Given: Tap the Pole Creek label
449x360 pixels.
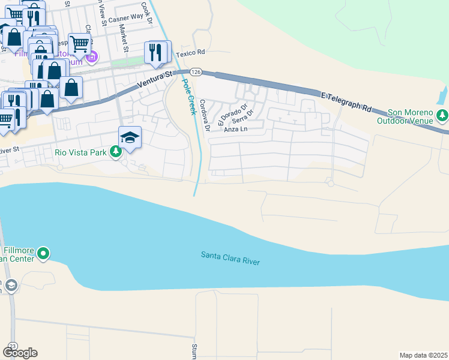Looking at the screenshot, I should click(187, 95).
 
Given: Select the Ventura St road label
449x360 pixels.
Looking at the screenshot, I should click(154, 78).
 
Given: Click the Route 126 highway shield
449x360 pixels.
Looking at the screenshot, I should click(196, 72).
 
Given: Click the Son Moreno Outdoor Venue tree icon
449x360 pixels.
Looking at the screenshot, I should click(443, 114).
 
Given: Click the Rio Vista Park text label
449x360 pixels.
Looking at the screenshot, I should click(80, 152).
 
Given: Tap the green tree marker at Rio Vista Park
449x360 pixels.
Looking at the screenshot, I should click(115, 152).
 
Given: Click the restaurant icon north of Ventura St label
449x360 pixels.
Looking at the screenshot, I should click(157, 52).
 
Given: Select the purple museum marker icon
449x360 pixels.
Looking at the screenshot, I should click(92, 58).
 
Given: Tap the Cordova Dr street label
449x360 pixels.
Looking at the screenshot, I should click(205, 115).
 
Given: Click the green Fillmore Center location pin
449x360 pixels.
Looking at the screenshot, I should click(43, 254).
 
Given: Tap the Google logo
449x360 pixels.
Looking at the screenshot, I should click(20, 353).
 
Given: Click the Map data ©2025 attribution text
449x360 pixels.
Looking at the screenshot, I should click(423, 355).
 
